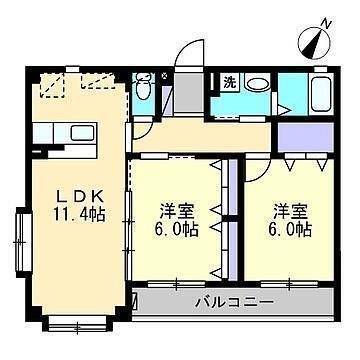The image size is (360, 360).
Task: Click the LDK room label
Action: click(80, 197)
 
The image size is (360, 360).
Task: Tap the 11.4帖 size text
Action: click(80, 214)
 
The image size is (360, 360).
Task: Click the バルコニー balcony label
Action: click(234, 303)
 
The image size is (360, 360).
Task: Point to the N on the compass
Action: click(326, 24)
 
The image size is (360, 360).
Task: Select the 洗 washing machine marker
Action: click(229, 82)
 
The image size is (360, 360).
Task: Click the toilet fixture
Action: click(144, 86)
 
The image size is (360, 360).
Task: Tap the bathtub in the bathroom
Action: click(321, 92)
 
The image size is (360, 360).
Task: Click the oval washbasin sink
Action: click(258, 83)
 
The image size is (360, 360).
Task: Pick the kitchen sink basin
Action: click(83, 133)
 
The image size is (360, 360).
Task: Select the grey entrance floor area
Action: click(189, 93)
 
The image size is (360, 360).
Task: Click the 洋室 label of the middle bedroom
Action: click(177, 211)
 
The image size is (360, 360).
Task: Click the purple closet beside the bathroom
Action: click(305, 137)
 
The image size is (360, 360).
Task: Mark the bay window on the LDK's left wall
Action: click(23, 242)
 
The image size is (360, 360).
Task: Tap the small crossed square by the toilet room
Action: click(164, 76)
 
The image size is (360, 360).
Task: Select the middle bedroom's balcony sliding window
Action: click(176, 284)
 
